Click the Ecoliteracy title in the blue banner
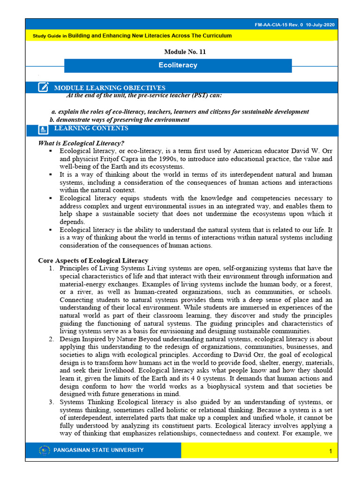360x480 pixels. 178,65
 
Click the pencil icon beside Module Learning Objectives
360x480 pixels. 44,87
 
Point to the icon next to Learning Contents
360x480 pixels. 44,129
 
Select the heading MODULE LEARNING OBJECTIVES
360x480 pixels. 110,88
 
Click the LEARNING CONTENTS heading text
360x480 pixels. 91,128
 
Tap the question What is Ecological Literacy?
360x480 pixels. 81,143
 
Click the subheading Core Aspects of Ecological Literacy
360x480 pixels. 93,261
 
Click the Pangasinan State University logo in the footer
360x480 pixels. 45,450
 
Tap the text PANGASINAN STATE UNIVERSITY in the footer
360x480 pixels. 99,450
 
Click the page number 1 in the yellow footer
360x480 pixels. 330,451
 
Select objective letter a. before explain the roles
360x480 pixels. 53,112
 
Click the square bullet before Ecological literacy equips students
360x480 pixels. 50,198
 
